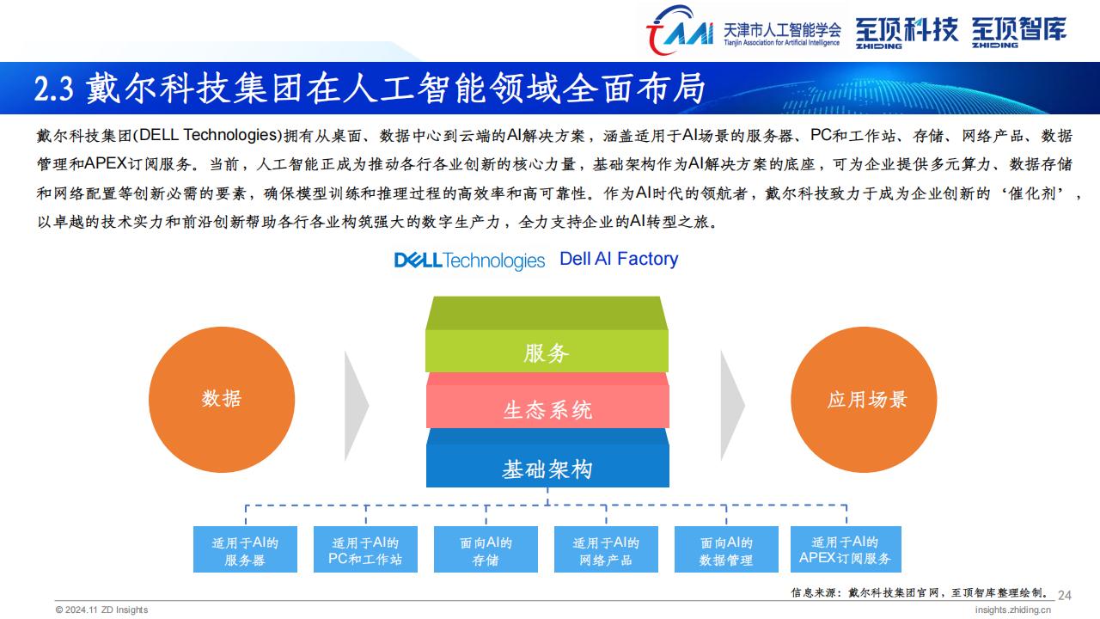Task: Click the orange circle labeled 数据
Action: (222, 400)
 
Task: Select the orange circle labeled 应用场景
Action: (864, 400)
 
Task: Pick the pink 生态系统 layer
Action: (547, 401)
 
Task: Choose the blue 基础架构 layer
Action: (547, 458)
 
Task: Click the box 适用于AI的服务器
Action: (245, 549)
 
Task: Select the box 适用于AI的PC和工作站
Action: (365, 549)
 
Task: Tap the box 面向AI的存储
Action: (486, 549)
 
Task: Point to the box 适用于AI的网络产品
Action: (606, 549)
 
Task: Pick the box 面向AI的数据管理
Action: (726, 549)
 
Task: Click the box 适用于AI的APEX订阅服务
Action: (846, 549)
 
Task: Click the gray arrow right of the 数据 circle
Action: (356, 406)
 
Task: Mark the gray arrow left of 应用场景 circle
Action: (732, 406)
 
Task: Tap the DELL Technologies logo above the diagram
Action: (469, 260)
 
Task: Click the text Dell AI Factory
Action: (619, 259)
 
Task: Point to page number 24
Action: (1065, 596)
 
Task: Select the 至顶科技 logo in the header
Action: (906, 33)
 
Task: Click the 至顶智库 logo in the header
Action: (1019, 33)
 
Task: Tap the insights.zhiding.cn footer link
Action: (1012, 610)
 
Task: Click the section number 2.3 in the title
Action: (54, 89)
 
